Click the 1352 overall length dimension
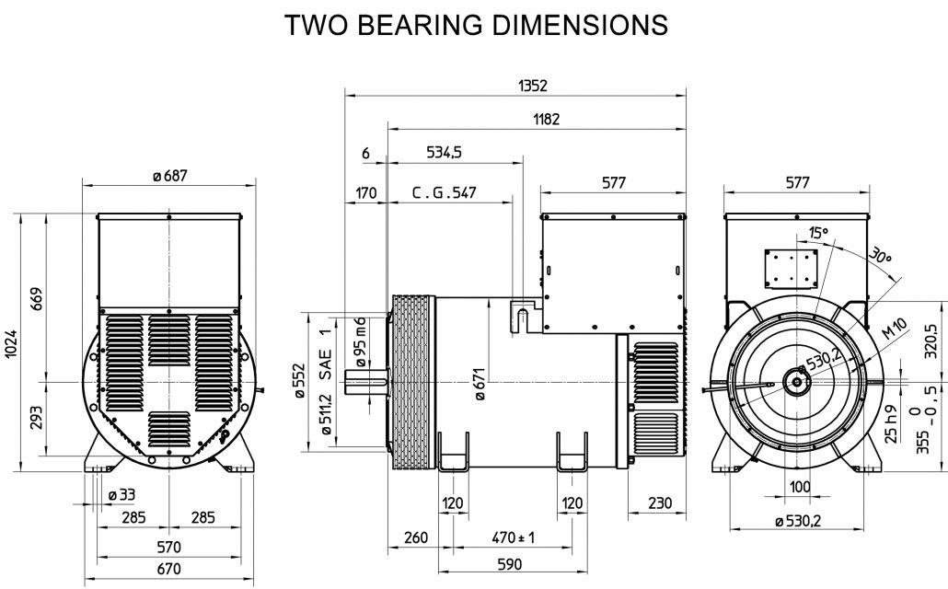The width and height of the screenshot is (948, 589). coord(533,85)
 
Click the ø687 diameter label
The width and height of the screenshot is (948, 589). coord(169,176)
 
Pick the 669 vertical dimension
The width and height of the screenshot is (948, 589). coord(37,295)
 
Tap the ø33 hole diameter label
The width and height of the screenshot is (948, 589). coord(121,494)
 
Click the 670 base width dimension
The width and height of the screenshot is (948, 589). coord(168,568)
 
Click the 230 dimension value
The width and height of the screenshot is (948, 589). coord(656,502)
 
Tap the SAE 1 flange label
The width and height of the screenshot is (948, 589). coord(324,353)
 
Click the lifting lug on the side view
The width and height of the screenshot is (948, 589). coord(522,315)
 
